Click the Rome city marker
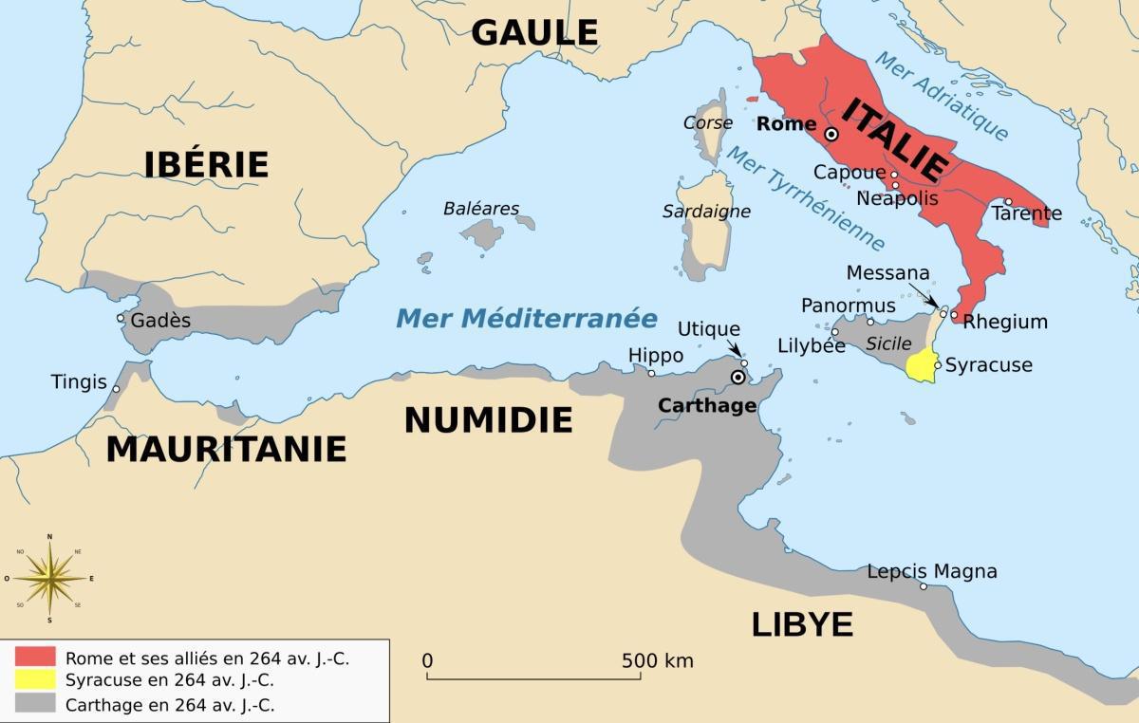tap(831, 135)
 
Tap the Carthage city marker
tap(738, 378)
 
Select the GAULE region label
tap(535, 32)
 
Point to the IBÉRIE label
tap(206, 164)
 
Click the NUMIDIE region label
tap(488, 419)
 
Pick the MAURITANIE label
tap(226, 449)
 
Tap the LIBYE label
tap(802, 624)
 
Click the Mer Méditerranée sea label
tap(527, 318)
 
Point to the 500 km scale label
tap(657, 660)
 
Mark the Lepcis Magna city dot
tap(924, 586)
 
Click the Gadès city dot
tap(121, 318)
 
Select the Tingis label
tap(79, 382)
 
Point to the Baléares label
tap(481, 209)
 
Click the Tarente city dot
tap(1008, 202)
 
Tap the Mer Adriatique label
tap(940, 95)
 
